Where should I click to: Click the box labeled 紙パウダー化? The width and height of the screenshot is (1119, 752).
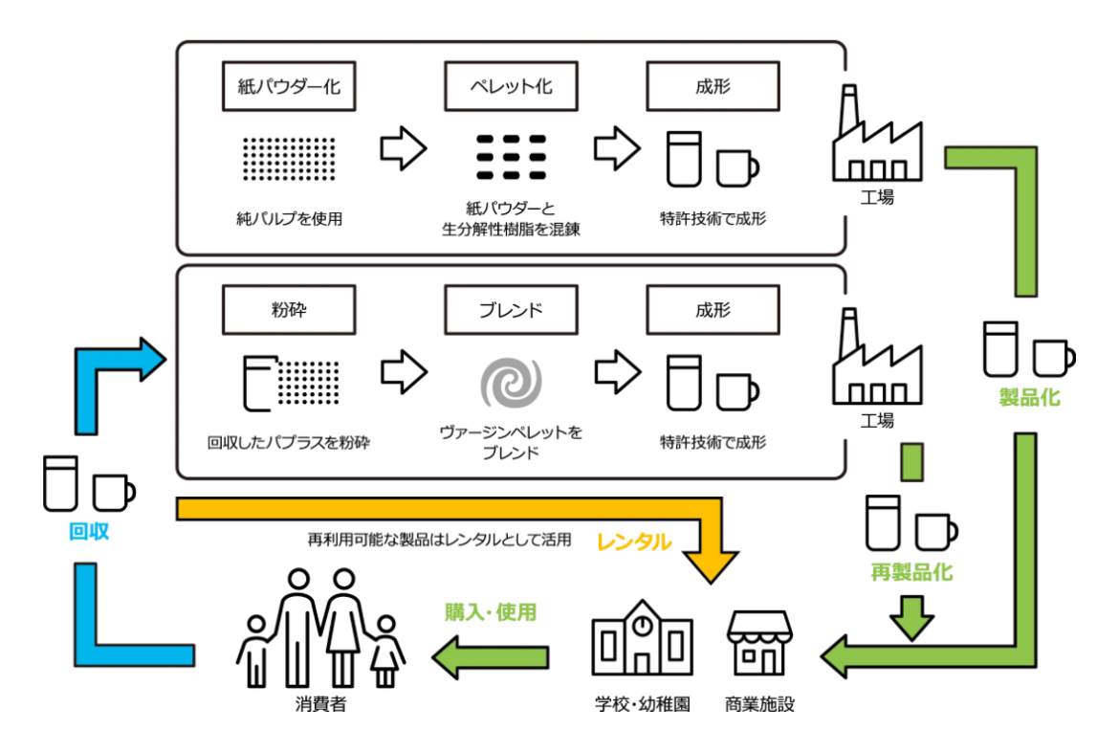(289, 87)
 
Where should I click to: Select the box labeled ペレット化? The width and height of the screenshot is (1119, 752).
(511, 87)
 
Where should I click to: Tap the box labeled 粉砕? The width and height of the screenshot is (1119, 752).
(289, 310)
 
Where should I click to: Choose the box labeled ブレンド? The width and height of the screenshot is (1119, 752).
(511, 310)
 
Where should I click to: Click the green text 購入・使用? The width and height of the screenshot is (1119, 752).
(491, 611)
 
